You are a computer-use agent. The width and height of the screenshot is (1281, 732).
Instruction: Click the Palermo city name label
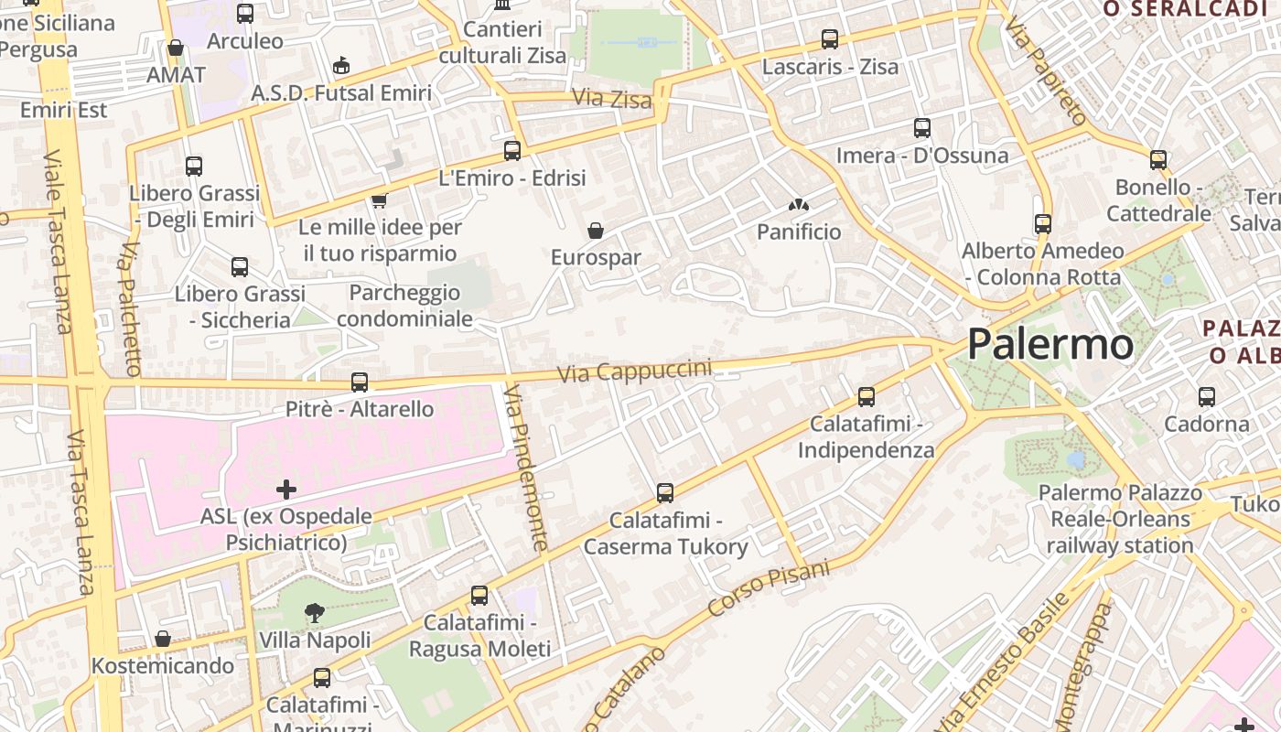1050,345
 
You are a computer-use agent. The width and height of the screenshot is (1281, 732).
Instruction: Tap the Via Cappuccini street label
634,371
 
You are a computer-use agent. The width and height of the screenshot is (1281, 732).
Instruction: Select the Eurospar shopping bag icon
596,231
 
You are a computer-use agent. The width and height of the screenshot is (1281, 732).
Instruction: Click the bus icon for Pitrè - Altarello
360,382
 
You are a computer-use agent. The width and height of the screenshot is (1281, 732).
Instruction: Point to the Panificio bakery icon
799,206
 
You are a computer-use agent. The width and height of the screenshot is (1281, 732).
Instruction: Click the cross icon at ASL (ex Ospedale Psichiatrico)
286,490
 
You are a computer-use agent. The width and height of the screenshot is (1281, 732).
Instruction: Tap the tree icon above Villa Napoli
315,612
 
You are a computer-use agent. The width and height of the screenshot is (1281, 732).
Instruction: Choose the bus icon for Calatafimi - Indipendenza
867,397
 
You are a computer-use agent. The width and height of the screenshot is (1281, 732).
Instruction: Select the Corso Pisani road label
769,587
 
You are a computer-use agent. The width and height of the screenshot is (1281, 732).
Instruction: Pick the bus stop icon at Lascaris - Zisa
830,39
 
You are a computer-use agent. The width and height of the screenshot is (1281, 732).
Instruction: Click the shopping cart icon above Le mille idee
380,199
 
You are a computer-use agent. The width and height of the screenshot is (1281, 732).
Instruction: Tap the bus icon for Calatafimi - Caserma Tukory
665,493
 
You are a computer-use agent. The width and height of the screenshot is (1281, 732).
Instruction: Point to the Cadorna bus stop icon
1207,397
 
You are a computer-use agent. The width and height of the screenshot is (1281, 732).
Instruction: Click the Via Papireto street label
1044,71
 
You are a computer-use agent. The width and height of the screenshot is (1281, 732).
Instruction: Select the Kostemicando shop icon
163,639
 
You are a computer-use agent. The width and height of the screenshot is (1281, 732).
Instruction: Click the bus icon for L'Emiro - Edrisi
512,150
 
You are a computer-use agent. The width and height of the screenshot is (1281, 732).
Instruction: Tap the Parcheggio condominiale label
404,306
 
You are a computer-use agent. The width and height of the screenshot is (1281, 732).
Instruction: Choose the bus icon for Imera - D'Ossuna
922,128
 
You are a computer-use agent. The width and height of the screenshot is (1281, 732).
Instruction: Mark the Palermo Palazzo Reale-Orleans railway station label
1120,519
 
